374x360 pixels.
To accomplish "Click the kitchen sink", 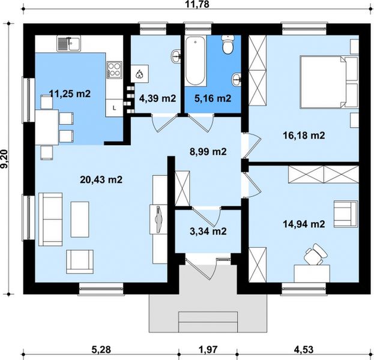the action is (x=68, y=43).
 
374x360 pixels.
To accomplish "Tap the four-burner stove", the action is (x=114, y=70).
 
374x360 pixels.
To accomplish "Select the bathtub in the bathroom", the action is (x=196, y=61).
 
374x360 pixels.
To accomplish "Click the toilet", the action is (x=228, y=44).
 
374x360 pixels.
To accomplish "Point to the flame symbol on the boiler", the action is (x=139, y=74).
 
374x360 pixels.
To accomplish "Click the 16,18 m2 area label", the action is (x=304, y=136).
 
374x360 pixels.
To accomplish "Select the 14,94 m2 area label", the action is (x=304, y=224).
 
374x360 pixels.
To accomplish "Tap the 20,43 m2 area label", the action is (x=101, y=179).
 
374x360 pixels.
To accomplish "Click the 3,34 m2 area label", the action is (x=208, y=231).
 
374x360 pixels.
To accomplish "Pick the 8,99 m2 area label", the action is (x=208, y=152).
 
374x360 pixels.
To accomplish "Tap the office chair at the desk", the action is (x=315, y=254).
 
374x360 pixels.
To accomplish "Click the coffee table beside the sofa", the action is (x=80, y=220).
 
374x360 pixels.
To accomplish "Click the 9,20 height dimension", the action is (x=4, y=159).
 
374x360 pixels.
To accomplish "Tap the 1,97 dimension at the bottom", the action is (x=208, y=350).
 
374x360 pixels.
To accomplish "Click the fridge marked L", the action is (x=114, y=108).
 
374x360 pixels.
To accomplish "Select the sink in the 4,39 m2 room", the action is (x=176, y=56).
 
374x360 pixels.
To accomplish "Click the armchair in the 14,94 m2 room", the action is (x=346, y=214).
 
